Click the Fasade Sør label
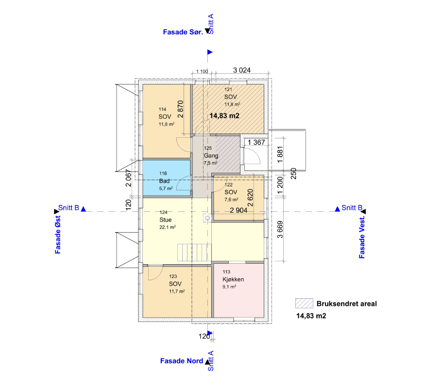pyautogui.click(x=183, y=32)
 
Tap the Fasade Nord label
pyautogui.click(x=182, y=361)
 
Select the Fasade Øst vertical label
pyautogui.click(x=58, y=235)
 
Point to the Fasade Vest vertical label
pyautogui.click(x=362, y=237)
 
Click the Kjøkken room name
pyautogui.click(x=233, y=279)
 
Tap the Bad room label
pyautogui.click(x=164, y=181)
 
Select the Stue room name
pyautogui.click(x=165, y=220)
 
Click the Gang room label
pyautogui.click(x=211, y=155)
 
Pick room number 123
pyautogui.click(x=173, y=276)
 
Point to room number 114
pyautogui.click(x=162, y=109)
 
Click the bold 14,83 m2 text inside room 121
pyautogui.click(x=224, y=116)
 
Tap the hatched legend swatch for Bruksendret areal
pyautogui.click(x=304, y=304)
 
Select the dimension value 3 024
pyautogui.click(x=242, y=70)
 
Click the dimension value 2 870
pyautogui.click(x=181, y=109)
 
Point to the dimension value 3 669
pyautogui.click(x=280, y=230)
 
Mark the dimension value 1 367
pyautogui.click(x=256, y=142)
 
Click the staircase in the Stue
pyautogui.click(x=194, y=253)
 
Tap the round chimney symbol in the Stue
pyautogui.click(x=207, y=218)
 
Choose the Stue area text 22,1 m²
pyautogui.click(x=168, y=227)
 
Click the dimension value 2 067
pyautogui.click(x=129, y=178)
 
